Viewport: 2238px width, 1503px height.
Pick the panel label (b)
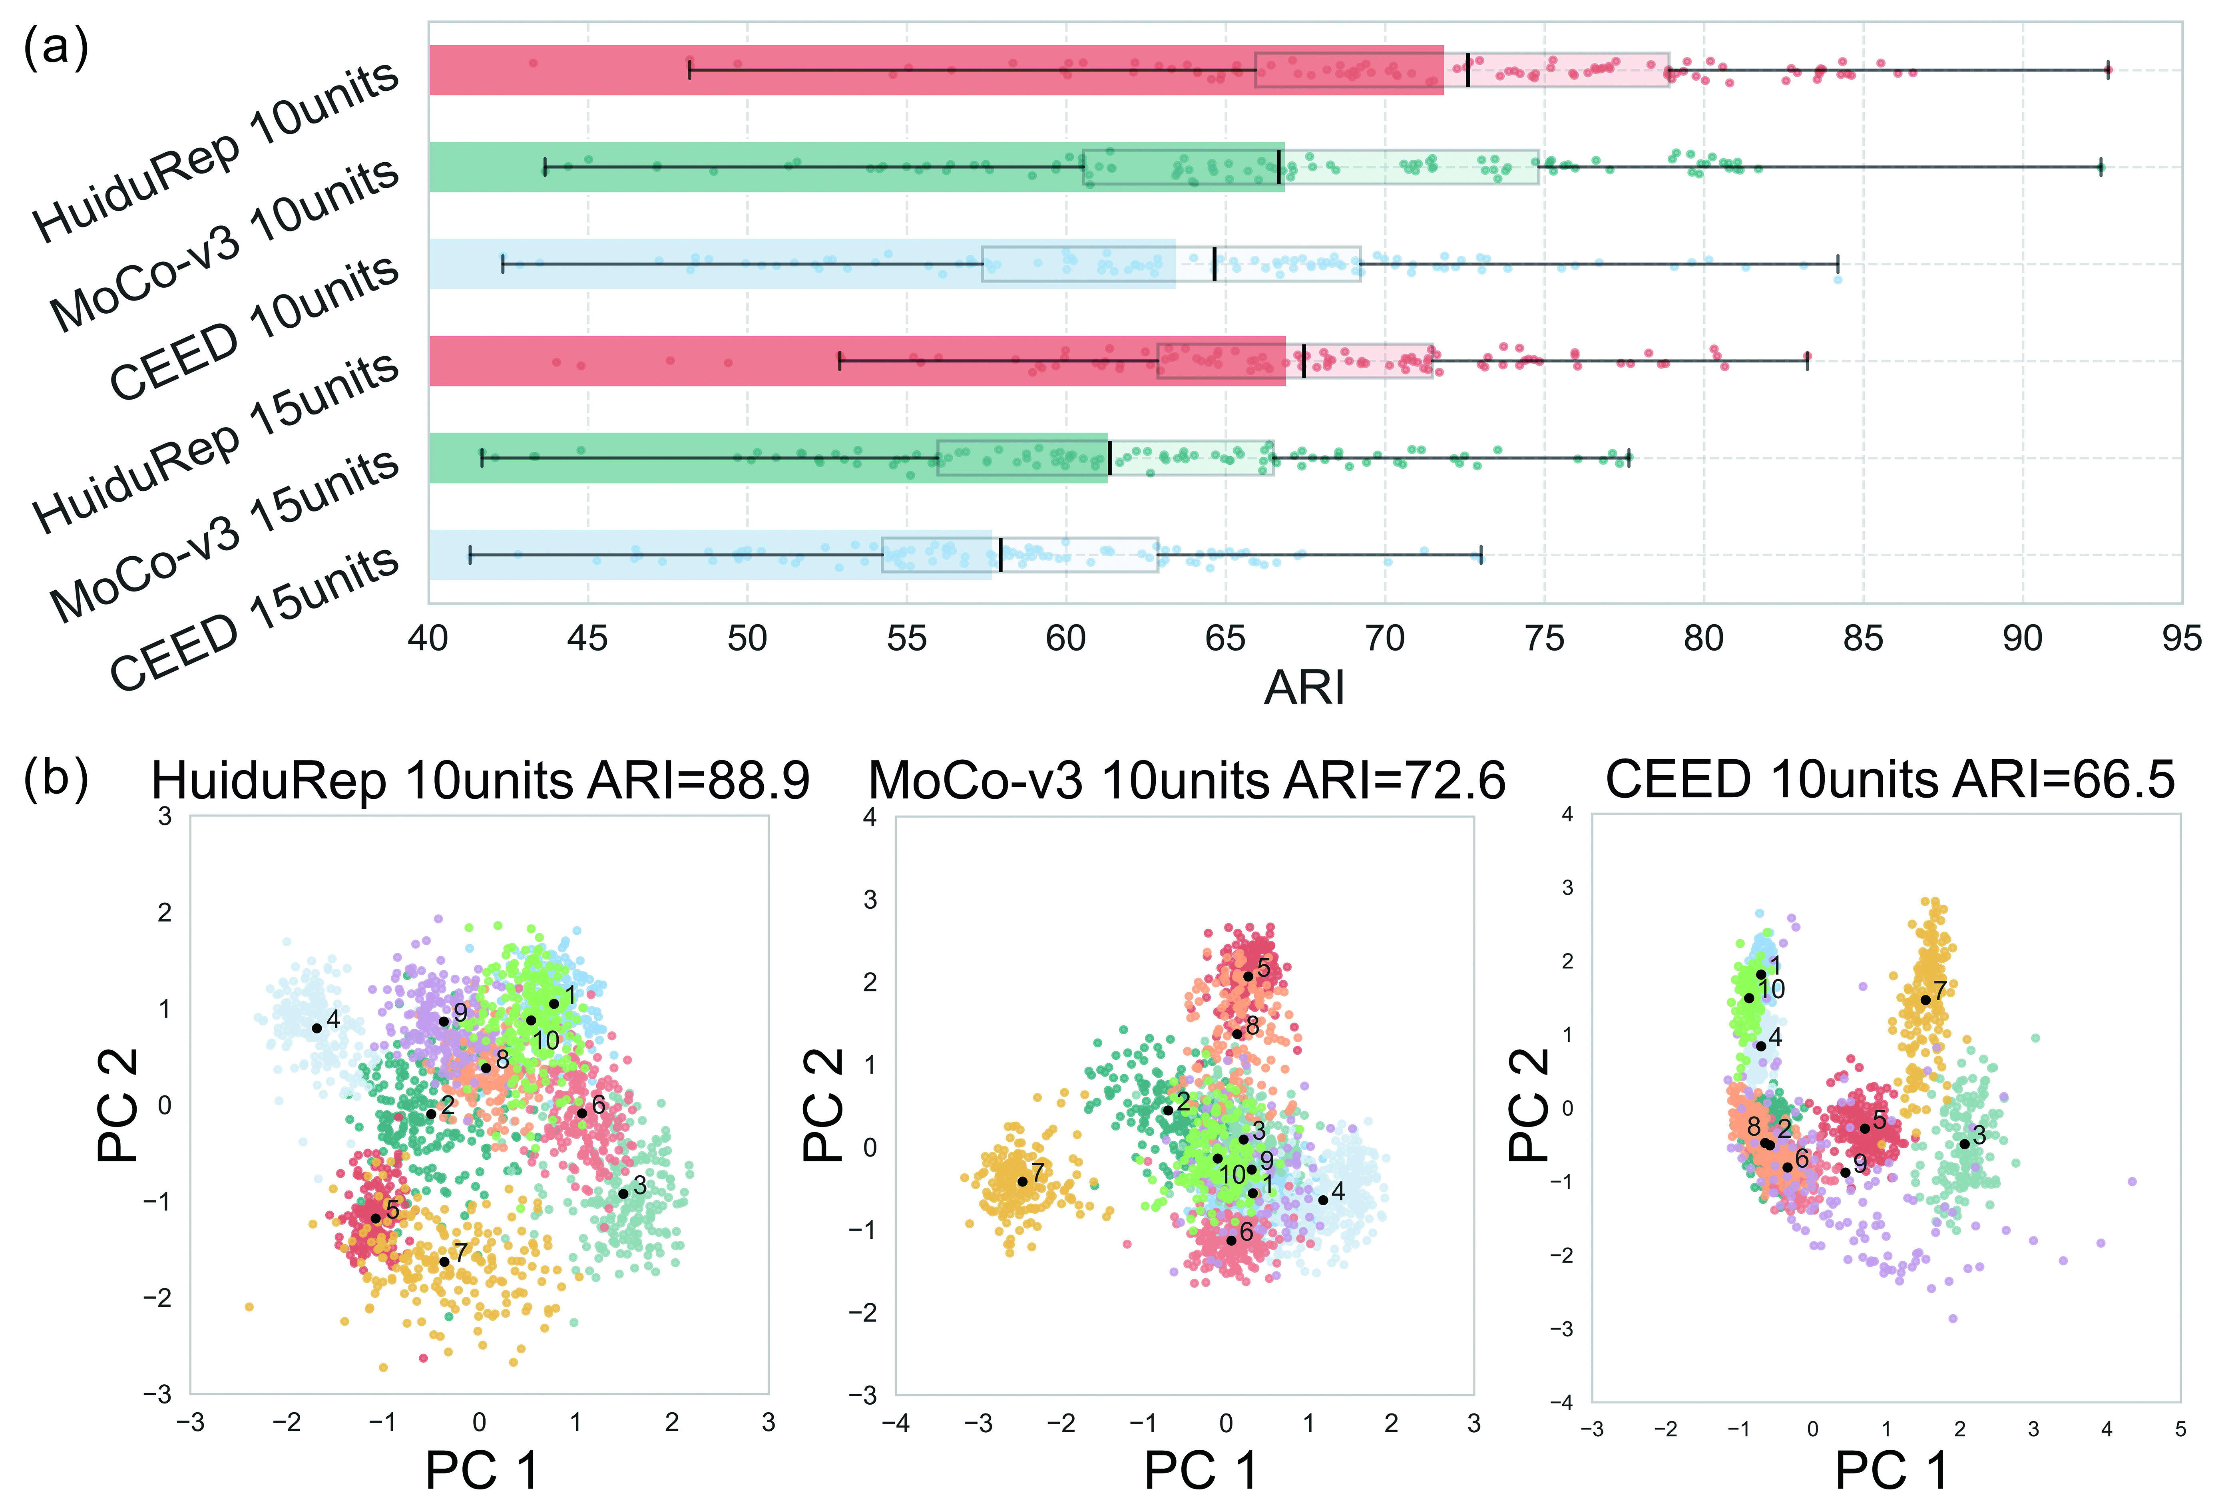click(x=56, y=778)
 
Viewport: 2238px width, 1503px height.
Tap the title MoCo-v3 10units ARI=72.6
click(x=1187, y=780)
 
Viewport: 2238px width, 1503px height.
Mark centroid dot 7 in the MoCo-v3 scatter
click(x=1022, y=1181)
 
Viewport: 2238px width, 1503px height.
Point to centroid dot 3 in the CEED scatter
click(x=1964, y=1144)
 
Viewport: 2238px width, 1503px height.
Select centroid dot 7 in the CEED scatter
click(x=1925, y=1000)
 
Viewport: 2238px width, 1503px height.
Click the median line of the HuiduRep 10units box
click(x=1467, y=70)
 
